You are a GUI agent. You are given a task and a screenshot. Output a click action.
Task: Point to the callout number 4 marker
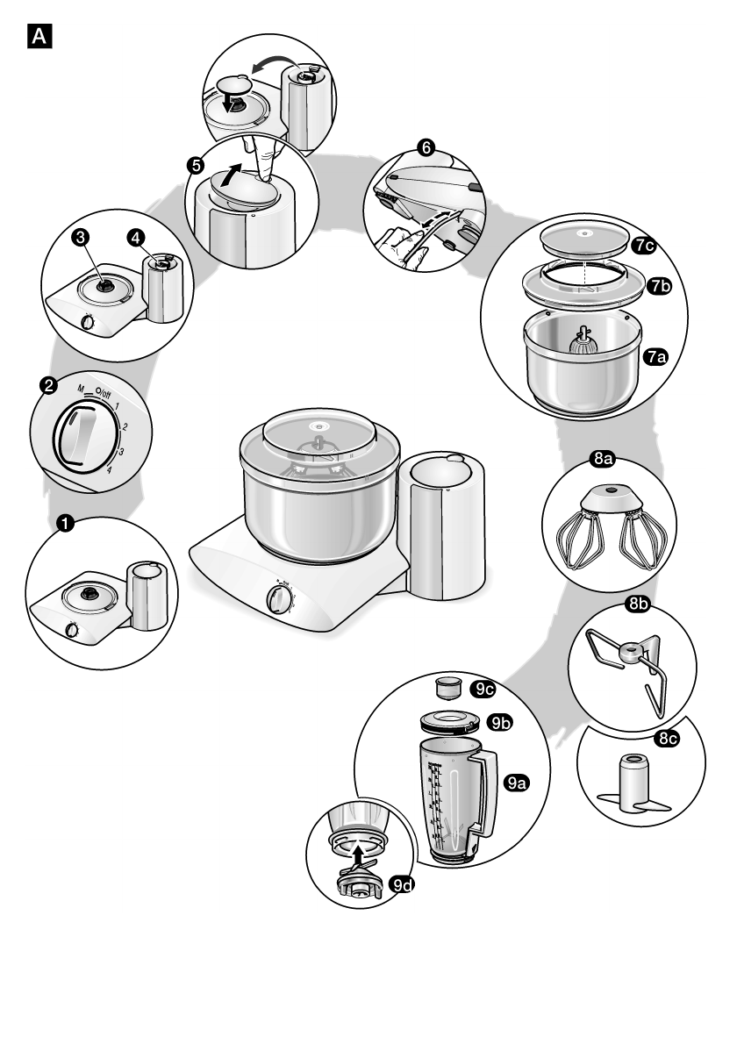click(136, 237)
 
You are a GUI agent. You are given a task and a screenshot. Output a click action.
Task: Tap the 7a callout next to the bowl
click(655, 356)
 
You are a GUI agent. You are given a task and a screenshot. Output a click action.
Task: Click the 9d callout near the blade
click(402, 886)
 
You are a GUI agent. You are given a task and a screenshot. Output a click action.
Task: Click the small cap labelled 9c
click(449, 685)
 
